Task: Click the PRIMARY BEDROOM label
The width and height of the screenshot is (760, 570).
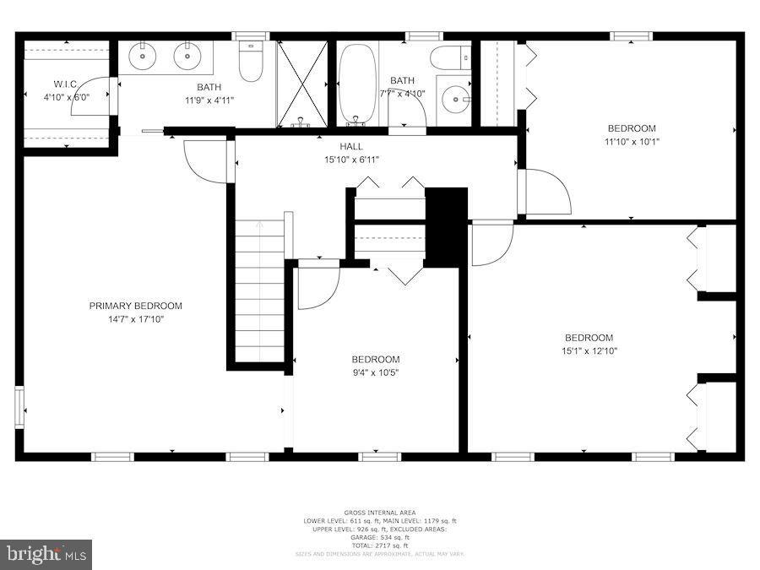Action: tap(135, 306)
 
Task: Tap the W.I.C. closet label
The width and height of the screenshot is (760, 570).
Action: tap(66, 84)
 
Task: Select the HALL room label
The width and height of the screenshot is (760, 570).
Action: tap(351, 146)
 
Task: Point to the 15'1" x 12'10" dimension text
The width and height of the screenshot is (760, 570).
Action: tap(589, 351)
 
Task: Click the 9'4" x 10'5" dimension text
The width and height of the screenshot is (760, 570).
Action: tap(376, 372)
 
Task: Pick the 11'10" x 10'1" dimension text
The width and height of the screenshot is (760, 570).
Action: tap(631, 142)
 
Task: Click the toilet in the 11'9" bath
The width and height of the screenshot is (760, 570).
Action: tap(250, 62)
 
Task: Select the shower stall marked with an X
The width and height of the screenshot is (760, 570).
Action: tap(301, 83)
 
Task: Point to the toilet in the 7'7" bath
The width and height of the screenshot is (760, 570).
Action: tap(448, 57)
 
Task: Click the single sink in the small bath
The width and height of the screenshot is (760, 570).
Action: tap(457, 100)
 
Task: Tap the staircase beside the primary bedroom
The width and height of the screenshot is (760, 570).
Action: tap(259, 291)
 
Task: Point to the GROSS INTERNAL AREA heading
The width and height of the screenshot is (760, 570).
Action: tap(379, 513)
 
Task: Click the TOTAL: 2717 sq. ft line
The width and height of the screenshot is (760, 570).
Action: tap(379, 546)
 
